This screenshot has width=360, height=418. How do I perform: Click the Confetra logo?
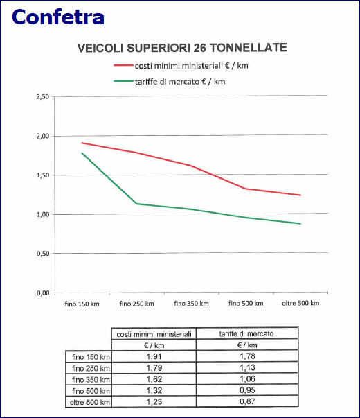[x=57, y=17]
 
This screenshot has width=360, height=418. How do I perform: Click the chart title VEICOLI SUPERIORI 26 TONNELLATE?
[x=182, y=48]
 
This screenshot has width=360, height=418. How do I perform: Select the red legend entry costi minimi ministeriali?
[x=181, y=66]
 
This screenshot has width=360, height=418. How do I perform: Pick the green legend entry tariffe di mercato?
[x=170, y=81]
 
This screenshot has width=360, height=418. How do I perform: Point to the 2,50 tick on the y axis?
[x=43, y=97]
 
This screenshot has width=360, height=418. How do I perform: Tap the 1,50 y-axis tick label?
[x=43, y=175]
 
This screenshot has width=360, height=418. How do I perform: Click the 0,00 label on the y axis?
[x=43, y=293]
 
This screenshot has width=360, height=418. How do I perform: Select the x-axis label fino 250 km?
[x=136, y=304]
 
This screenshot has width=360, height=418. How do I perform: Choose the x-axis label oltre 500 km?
[x=300, y=303]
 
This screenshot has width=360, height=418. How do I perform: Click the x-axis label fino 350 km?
[x=191, y=303]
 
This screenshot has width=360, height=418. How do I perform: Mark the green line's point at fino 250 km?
[x=136, y=204]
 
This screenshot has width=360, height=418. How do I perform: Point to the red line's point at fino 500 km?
[x=246, y=189]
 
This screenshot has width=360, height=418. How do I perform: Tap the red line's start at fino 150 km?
[x=82, y=143]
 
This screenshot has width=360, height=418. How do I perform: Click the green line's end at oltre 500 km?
[x=300, y=224]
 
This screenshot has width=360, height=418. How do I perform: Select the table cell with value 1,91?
[x=154, y=356]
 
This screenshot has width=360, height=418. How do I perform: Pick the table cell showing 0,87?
[x=247, y=401]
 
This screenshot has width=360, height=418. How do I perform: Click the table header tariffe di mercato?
[x=246, y=333]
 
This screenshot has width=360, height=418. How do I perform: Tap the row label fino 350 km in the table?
[x=91, y=379]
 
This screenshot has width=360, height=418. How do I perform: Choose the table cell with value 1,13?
[x=247, y=367]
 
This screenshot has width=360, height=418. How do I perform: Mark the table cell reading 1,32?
[x=154, y=390]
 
